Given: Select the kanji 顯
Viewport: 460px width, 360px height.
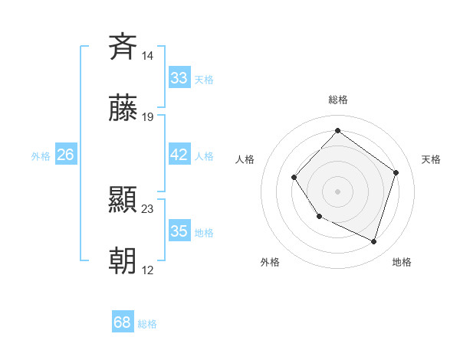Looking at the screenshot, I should [123, 200].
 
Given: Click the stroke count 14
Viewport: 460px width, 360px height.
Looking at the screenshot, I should [147, 55].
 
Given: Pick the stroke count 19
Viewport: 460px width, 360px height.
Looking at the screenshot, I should [148, 117].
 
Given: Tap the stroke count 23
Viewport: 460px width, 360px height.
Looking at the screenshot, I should [148, 208].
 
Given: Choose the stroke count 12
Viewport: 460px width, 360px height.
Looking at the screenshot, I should [148, 270].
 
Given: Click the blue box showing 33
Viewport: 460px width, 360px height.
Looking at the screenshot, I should [179, 77].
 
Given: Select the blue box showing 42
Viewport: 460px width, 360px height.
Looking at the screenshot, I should [179, 155].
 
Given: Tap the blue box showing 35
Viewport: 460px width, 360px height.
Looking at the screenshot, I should [179, 231].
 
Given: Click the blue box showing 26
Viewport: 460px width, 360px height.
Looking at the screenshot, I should [65, 155].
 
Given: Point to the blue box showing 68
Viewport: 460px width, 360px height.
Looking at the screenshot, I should [123, 322].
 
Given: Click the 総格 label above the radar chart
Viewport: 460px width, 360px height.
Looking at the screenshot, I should [337, 100].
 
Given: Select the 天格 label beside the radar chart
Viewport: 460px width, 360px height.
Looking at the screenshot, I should [431, 159].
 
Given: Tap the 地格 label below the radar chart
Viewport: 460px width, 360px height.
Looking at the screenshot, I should [402, 262].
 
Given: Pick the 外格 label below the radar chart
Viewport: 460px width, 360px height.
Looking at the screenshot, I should [270, 262].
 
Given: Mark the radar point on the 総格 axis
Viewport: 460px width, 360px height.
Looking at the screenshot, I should [337, 130].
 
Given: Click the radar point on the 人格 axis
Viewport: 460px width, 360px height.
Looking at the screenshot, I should [294, 178].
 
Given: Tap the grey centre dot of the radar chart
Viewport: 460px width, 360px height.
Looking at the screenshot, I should [337, 191].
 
